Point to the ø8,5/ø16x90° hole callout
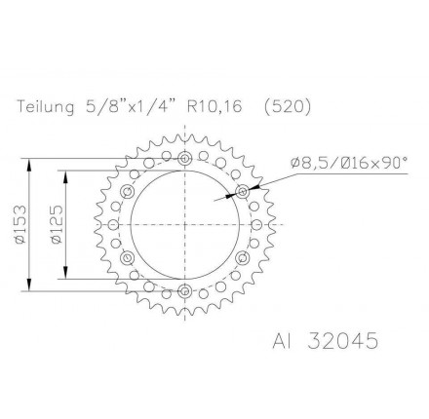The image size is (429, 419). [x=348, y=164]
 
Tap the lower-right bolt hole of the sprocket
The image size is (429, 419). [x=242, y=256]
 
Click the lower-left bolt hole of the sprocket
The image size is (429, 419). [x=128, y=256]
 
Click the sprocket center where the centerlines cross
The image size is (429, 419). [x=184, y=223]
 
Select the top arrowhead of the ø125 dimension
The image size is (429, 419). [x=65, y=172]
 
